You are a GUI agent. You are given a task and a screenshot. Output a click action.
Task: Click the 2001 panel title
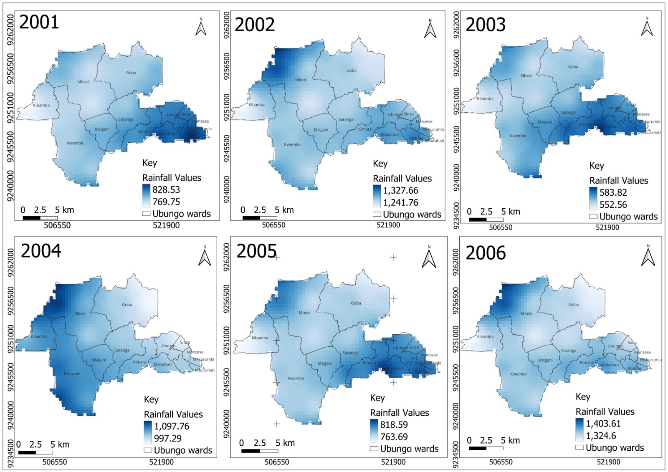tap(39, 22)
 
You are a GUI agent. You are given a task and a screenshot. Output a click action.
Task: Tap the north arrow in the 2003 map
tap(647, 27)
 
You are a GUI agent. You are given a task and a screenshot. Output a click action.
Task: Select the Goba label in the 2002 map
tap(351, 71)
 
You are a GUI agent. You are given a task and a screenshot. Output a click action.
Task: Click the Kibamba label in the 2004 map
tap(39, 336)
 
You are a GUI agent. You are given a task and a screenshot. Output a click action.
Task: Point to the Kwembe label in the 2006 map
tap(518, 374)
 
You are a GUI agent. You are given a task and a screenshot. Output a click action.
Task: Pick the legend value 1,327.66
tap(400, 191)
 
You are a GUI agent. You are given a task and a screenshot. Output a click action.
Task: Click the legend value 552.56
tap(613, 204)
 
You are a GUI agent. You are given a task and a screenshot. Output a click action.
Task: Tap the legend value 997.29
tap(167, 438)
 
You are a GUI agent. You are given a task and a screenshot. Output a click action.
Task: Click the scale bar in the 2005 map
tap(259, 451)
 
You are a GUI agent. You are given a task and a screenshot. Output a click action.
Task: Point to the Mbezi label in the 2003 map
tap(526, 76)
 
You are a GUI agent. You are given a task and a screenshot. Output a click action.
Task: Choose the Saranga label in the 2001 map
tap(126, 119)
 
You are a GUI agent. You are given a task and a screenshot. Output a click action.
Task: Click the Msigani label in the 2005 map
tap(324, 363)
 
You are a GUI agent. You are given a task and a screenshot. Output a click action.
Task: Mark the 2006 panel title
tap(485, 253)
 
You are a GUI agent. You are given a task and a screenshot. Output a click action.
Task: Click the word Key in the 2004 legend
tap(151, 399)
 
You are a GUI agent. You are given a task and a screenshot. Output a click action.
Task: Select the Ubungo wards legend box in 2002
tap(377, 215)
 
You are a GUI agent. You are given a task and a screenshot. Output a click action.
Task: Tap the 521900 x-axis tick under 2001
tap(166, 225)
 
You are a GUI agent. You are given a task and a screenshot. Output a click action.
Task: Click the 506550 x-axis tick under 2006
tap(501, 462)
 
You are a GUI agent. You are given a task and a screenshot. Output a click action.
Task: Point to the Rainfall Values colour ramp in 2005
tap(374, 431)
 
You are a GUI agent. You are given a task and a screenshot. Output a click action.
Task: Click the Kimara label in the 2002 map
tap(364, 129)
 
